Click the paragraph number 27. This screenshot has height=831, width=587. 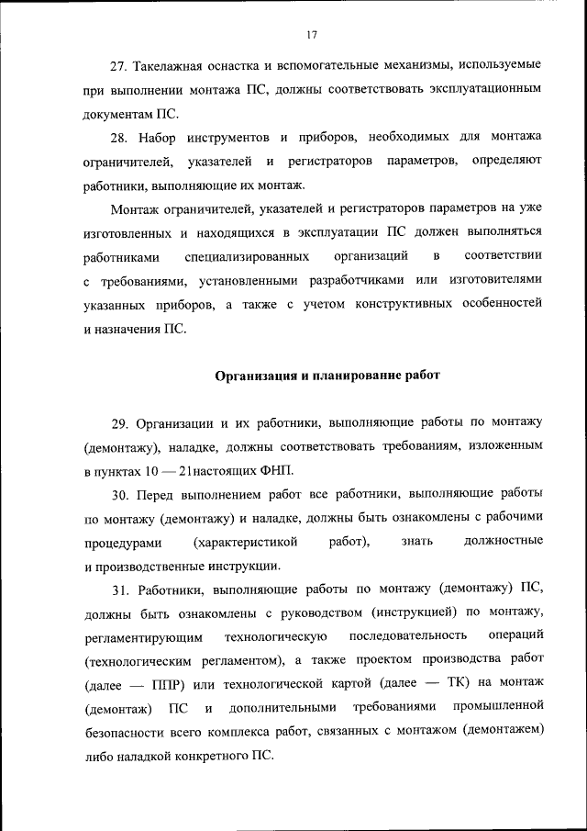[x=118, y=68]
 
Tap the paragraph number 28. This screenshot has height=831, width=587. [x=118, y=137]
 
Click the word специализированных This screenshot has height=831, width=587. [x=246, y=255]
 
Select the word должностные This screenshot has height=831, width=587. [x=504, y=541]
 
